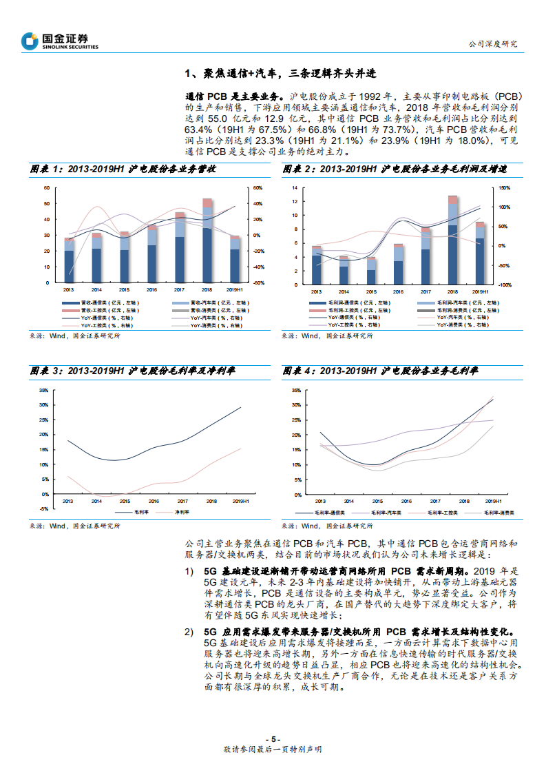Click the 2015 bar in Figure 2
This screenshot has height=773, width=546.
pyautogui.click(x=371, y=271)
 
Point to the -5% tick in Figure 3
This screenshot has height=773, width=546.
pyautogui.click(x=43, y=508)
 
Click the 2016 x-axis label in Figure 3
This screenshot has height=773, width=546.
pyautogui.click(x=154, y=501)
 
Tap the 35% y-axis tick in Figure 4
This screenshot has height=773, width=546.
pyautogui.click(x=297, y=390)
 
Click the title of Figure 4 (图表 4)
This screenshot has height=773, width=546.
pyautogui.click(x=380, y=371)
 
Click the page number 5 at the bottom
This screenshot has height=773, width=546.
pyautogui.click(x=273, y=737)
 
